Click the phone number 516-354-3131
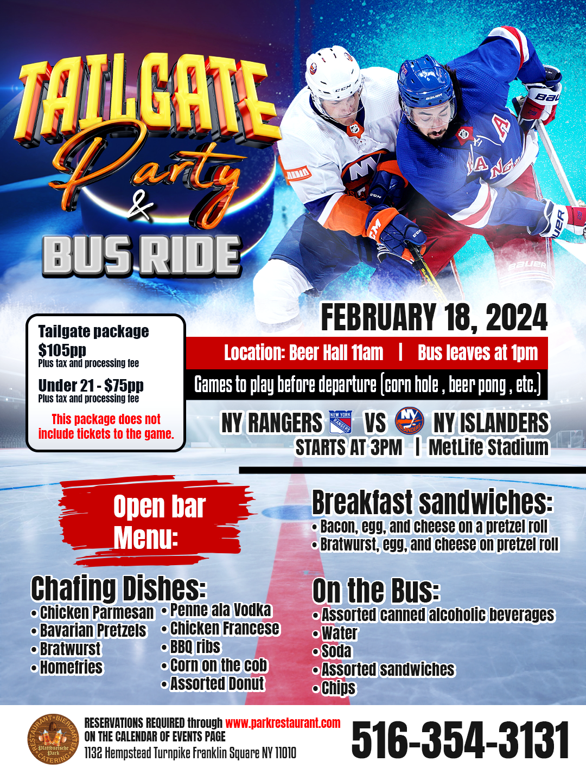point(460,740)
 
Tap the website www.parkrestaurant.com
point(283,723)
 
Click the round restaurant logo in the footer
point(53,739)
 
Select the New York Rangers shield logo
point(341,422)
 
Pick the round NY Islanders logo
point(409,421)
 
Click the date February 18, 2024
point(434,318)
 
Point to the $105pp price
point(62,350)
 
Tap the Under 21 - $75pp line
point(91,386)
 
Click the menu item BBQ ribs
point(195,647)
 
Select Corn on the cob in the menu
point(219,665)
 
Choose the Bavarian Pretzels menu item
point(93,631)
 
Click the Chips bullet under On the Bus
point(338,688)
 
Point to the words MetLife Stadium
point(488,447)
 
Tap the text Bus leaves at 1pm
point(477,353)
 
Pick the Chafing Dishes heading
point(118,588)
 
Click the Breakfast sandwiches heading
point(432,502)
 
